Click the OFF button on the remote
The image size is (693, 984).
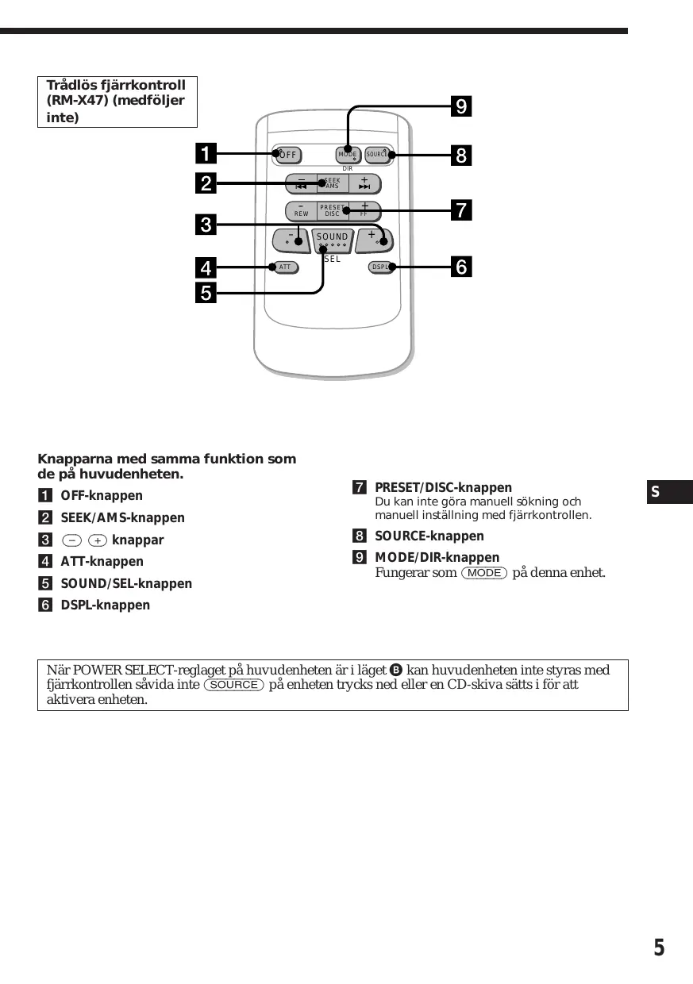tap(287, 154)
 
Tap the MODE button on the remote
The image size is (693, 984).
tap(347, 154)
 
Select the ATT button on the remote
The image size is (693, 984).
tap(285, 267)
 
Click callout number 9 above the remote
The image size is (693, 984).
tap(460, 106)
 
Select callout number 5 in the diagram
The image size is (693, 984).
tap(206, 294)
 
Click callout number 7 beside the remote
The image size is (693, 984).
tap(460, 210)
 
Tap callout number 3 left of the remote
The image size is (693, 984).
tap(206, 224)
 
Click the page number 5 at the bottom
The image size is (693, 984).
tap(659, 948)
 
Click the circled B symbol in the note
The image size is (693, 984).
tap(395, 671)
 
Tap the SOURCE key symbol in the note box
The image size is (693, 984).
tap(233, 685)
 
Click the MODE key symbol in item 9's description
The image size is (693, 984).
tap(483, 573)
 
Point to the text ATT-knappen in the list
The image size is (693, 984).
tap(102, 562)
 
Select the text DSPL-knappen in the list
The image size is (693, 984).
tap(106, 605)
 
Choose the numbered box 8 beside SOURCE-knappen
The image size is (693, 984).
tap(360, 536)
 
